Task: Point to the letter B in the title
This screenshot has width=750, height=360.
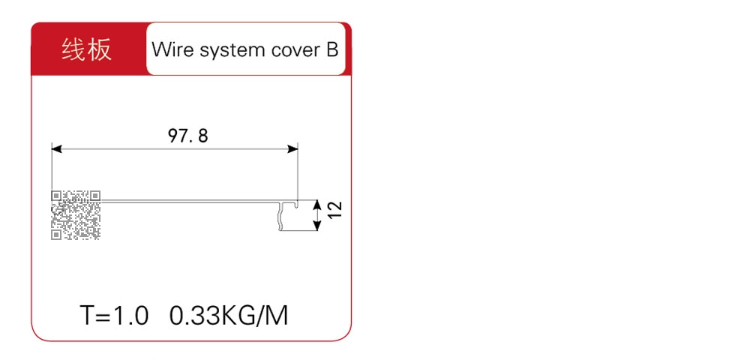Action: point(332,49)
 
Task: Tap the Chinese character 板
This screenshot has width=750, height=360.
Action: point(100,49)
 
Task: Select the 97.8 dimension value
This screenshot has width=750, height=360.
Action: point(188,136)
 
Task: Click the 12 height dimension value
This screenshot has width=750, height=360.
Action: point(336,210)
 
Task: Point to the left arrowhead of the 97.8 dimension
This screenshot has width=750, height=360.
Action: point(57,149)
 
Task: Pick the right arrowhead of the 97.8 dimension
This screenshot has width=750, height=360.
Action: point(292,149)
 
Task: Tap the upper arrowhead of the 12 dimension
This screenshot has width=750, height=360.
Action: point(316,205)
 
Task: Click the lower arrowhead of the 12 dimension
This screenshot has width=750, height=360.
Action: point(316,226)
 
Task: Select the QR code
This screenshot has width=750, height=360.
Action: point(76,215)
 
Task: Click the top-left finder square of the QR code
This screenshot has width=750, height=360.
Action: point(56,196)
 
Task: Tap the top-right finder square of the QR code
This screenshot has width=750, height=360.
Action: point(96,196)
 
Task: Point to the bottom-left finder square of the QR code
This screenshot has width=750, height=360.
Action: point(56,235)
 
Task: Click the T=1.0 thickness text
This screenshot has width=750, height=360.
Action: point(115,316)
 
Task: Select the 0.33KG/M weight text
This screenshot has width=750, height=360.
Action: point(229,316)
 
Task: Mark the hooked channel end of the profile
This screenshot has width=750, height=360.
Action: point(298,215)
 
